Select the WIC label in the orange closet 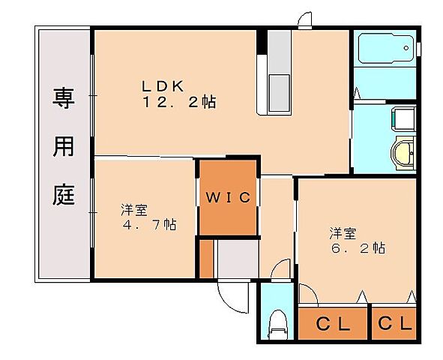click(x=229, y=198)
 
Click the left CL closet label click(x=333, y=324)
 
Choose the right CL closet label click(x=395, y=324)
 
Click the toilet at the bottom click(x=279, y=322)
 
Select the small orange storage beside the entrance click(x=207, y=259)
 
